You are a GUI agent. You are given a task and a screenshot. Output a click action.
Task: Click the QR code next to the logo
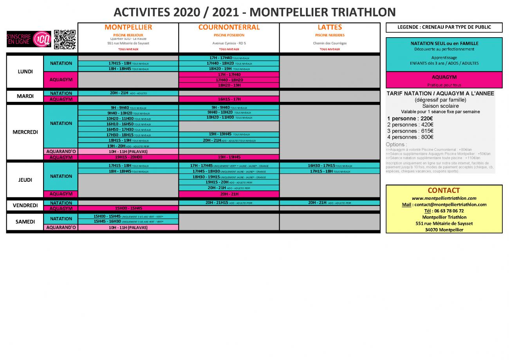tap(65, 39)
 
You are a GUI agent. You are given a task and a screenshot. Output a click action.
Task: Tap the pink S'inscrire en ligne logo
tap(29, 39)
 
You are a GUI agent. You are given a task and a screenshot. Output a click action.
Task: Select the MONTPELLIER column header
tap(128, 27)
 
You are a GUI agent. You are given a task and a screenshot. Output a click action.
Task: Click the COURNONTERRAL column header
tap(229, 27)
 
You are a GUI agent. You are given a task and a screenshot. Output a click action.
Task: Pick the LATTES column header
tap(330, 27)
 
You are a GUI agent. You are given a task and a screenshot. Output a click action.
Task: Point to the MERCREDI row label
tap(25, 132)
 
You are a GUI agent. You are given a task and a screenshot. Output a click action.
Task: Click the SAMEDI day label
tap(25, 222)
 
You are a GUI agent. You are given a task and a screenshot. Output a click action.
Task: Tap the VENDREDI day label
tap(25, 206)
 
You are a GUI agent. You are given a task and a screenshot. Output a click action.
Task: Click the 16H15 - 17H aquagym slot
tap(229, 99)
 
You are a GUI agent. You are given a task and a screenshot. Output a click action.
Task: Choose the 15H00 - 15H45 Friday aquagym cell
tap(128, 208)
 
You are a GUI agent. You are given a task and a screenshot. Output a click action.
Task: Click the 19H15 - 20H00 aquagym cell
tap(128, 157)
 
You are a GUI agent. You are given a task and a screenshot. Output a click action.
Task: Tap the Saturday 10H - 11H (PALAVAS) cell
tap(128, 228)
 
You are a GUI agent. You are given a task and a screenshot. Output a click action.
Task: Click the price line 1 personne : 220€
tap(410, 119)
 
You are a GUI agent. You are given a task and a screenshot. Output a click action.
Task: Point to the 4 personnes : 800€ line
tap(410, 137)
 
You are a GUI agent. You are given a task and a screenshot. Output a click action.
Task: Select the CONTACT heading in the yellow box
tap(444, 190)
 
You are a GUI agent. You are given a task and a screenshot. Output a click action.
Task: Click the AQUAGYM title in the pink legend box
tap(444, 77)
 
